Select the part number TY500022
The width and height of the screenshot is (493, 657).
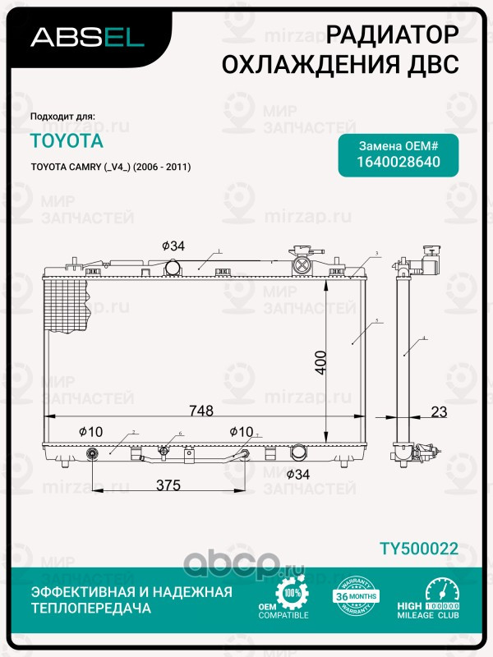(418, 549)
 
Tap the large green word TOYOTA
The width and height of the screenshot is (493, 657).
(67, 140)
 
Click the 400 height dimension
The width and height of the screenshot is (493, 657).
(321, 363)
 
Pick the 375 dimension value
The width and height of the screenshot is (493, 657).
(168, 485)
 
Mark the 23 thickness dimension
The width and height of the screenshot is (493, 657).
(439, 412)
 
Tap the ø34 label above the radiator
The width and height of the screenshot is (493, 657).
(173, 246)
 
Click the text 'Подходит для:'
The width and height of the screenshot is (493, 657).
(62, 116)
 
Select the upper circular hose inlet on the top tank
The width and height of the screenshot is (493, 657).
(173, 267)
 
